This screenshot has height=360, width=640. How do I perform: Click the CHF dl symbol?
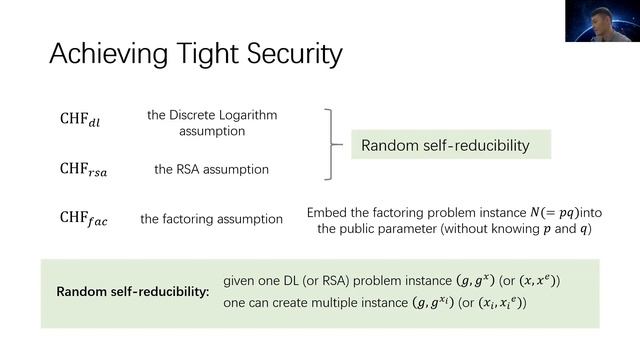(x=81, y=122)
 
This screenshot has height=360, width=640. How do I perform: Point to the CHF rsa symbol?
(x=84, y=170)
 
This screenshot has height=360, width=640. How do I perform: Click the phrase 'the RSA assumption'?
(x=211, y=169)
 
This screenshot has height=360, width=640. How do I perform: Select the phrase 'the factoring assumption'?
(x=211, y=219)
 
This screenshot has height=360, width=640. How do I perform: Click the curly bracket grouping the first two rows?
(x=331, y=146)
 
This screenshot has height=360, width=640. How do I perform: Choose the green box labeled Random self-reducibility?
(x=444, y=146)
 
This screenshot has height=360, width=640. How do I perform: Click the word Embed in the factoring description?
(x=326, y=213)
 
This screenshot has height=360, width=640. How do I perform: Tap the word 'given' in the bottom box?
(x=241, y=282)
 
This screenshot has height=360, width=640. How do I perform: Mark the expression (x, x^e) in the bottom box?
(x=536, y=282)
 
